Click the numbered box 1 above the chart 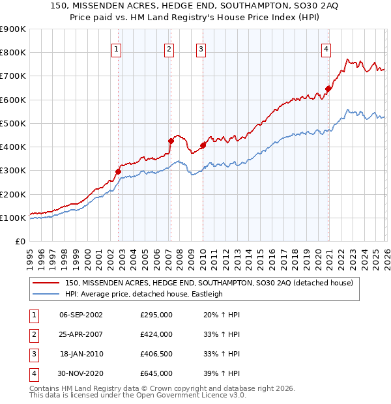(116, 48)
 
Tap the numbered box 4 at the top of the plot (326, 48)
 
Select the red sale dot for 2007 (171, 141)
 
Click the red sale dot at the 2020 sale (328, 89)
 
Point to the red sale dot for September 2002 (118, 171)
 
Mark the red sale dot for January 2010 (203, 145)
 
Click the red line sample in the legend (46, 283)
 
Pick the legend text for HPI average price (143, 294)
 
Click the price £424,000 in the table (156, 334)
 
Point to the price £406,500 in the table (156, 354)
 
